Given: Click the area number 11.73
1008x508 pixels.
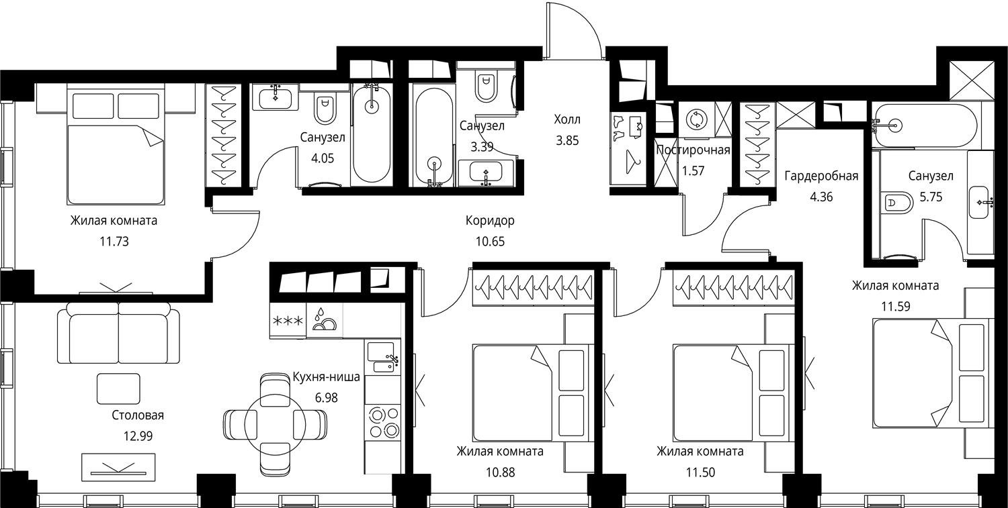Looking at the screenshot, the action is click(x=114, y=242).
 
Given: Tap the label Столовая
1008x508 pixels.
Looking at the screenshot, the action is click(x=138, y=415).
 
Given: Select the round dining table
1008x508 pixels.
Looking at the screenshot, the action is click(x=276, y=424).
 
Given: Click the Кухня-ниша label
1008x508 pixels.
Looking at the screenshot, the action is click(x=326, y=376).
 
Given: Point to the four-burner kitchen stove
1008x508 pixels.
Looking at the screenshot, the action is click(x=382, y=423).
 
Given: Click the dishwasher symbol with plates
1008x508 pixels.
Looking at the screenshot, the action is click(x=325, y=320).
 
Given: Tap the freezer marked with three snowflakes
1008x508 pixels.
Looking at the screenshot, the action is click(x=288, y=321).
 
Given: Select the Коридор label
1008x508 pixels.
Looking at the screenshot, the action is click(x=490, y=221).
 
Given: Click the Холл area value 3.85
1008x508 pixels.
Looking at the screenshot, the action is click(x=567, y=141).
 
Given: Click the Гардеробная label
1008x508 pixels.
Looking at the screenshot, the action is click(x=821, y=176).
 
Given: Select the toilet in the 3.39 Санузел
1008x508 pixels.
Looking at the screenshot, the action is click(x=486, y=88).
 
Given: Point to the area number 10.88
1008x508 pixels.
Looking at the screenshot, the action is click(x=501, y=472).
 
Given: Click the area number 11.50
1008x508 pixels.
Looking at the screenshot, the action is click(x=700, y=472).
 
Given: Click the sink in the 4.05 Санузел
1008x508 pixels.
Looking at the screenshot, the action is click(x=274, y=97).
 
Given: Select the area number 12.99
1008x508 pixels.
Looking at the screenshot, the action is click(x=138, y=436).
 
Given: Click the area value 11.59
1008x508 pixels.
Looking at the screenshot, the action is click(x=896, y=307).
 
